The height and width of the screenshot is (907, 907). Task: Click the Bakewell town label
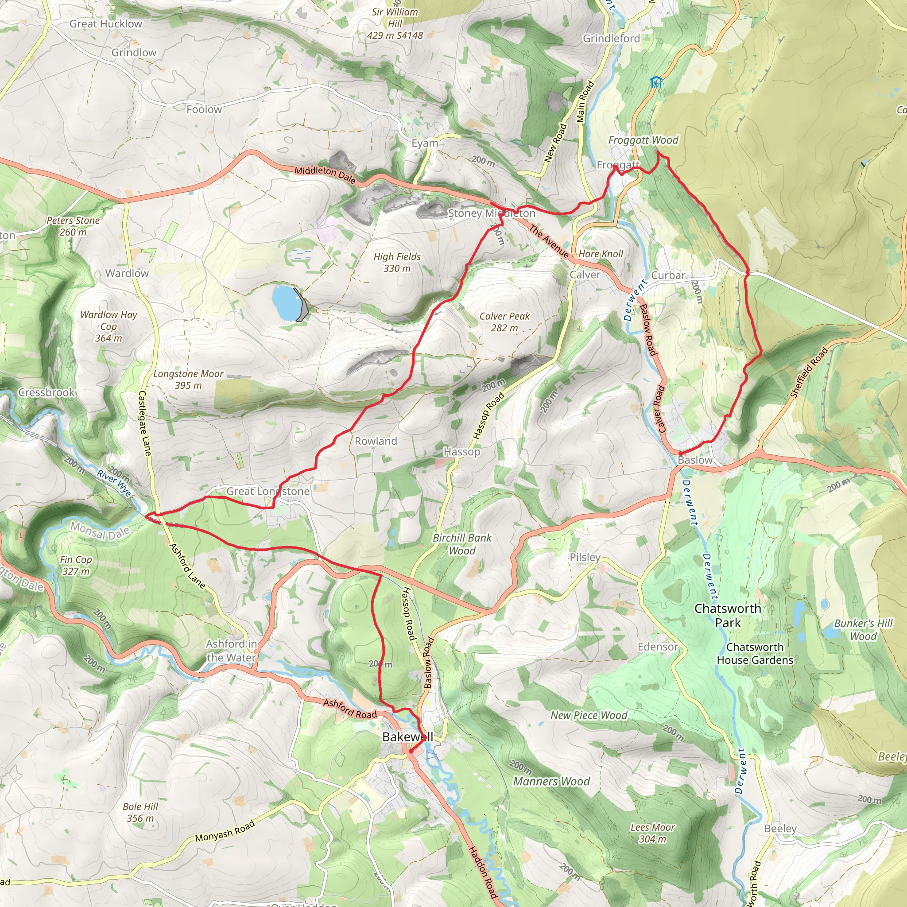pos(407,736)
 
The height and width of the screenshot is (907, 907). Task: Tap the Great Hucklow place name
pos(106,24)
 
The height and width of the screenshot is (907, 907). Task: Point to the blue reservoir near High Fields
pos(286,302)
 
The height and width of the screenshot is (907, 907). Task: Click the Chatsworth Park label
pos(727,616)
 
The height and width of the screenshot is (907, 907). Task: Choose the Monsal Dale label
pos(100,531)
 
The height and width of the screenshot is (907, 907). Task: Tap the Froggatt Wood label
pos(643,140)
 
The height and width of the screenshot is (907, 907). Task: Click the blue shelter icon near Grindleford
pos(656,83)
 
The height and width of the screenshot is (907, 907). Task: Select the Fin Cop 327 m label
pos(76,565)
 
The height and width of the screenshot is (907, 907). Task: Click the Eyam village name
pos(424,143)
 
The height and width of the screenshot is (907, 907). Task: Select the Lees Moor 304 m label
pos(652,833)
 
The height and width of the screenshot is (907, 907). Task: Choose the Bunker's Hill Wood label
pos(863,630)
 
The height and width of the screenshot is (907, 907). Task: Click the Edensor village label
pos(657,647)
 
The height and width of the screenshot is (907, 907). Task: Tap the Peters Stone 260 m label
pos(73,226)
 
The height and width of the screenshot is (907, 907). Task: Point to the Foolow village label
pos(204,109)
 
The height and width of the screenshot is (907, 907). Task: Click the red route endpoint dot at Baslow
pos(680,453)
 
